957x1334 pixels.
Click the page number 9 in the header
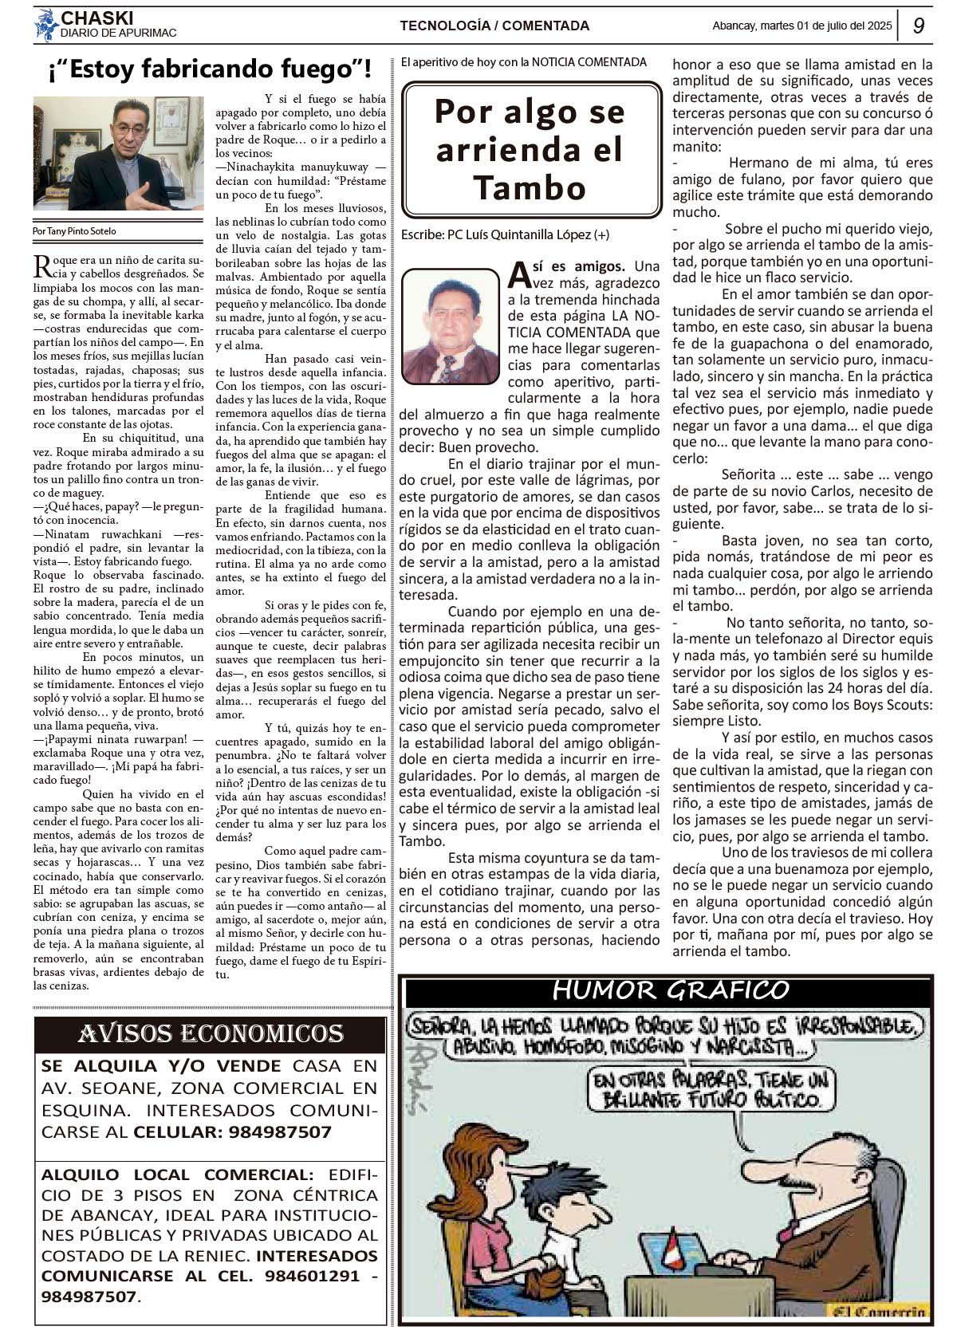[x=919, y=26]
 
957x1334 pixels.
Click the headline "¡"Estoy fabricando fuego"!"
[x=209, y=70]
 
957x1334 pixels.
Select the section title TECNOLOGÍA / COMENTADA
[x=494, y=26]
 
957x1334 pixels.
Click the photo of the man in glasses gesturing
[x=118, y=154]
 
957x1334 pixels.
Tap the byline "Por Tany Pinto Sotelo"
[x=74, y=231]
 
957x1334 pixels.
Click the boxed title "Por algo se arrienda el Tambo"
[x=530, y=150]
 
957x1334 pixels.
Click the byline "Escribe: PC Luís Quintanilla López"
[x=505, y=234]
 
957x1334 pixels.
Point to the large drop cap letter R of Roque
[x=41, y=266]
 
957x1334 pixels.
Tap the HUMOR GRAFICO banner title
[x=670, y=990]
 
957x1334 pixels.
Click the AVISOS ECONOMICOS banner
[x=211, y=1034]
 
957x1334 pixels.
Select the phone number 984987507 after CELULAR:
[x=280, y=1132]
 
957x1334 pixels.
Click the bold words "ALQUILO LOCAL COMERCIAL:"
[x=178, y=1175]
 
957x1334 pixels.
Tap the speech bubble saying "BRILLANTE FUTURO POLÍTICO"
[x=711, y=1089]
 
